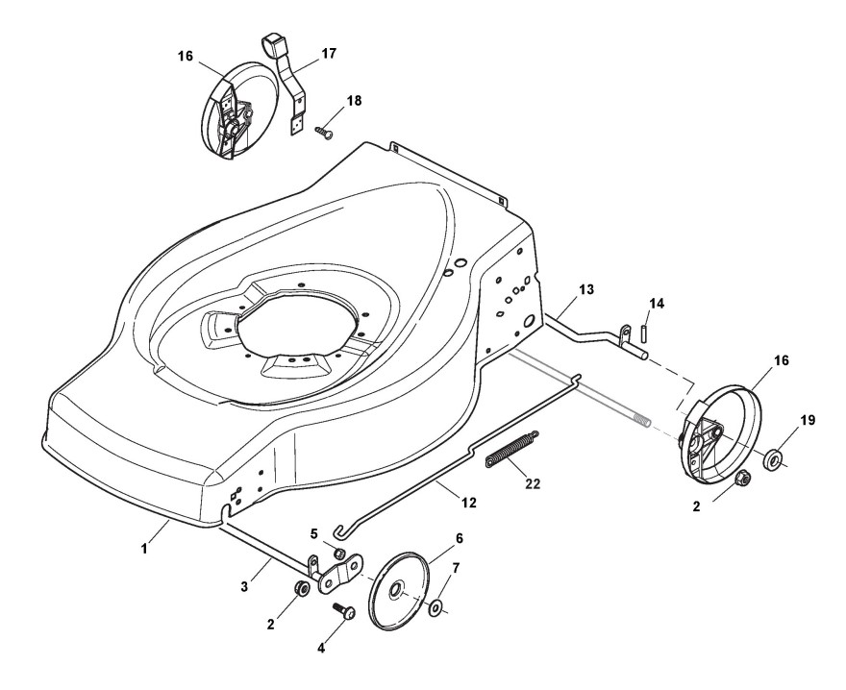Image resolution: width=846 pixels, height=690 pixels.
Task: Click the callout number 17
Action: point(328,54)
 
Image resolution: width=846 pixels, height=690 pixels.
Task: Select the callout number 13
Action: point(586,289)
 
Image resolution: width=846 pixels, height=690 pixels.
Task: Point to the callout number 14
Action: point(656,304)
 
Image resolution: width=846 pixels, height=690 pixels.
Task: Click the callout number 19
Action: point(809,419)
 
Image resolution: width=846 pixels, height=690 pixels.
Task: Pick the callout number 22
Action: point(532,483)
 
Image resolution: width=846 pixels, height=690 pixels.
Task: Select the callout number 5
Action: point(312,534)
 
